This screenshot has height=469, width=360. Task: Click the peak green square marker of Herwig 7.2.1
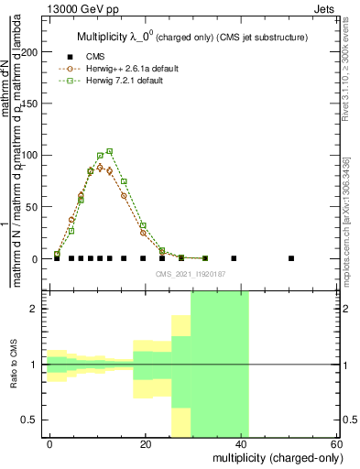[110, 151]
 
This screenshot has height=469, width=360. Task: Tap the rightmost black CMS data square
[291, 258]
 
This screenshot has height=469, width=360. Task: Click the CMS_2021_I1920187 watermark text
[191, 274]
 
